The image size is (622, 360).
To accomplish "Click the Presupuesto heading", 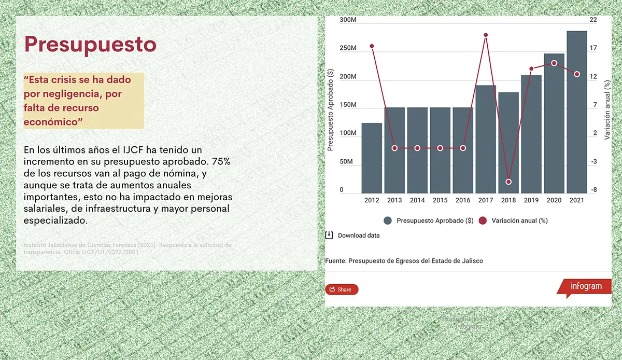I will click(x=90, y=44).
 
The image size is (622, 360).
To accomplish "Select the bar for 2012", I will click(x=372, y=158).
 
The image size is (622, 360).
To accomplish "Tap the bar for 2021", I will click(x=576, y=112).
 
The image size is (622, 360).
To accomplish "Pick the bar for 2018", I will click(x=508, y=143).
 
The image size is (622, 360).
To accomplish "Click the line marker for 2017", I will click(x=486, y=35).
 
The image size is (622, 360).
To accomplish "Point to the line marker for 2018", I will click(x=508, y=182).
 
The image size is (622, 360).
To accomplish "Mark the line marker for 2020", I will click(x=554, y=63).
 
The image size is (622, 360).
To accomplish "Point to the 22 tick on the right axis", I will click(x=593, y=20).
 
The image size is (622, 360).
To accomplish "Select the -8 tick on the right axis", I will click(x=593, y=190).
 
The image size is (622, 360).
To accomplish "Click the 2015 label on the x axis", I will click(x=440, y=200).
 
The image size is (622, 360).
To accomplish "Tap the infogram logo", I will click(x=586, y=286).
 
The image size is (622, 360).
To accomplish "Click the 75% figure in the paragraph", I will click(x=220, y=161).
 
